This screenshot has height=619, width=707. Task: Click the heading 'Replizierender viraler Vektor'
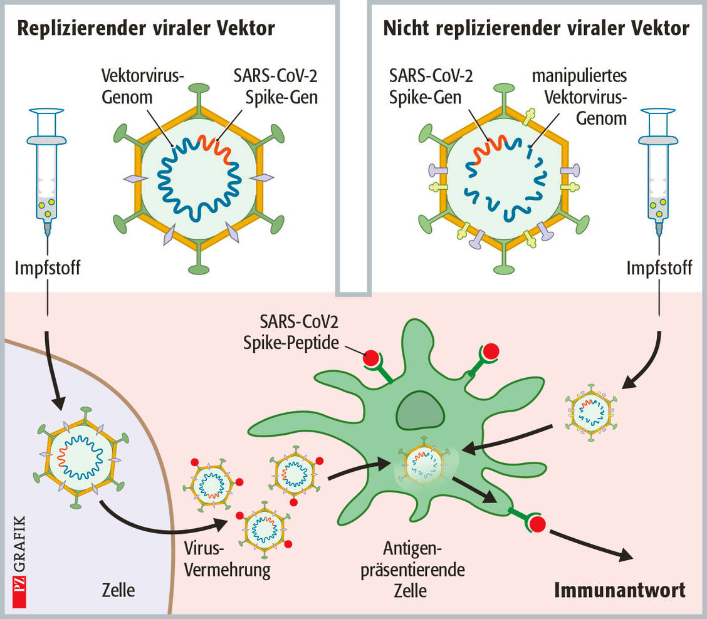click(146, 29)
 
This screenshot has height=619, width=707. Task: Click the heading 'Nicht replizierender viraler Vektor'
click(536, 29)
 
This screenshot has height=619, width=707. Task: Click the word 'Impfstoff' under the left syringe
click(46, 269)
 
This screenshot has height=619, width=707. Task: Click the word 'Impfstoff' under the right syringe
click(659, 269)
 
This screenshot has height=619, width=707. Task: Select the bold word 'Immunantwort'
click(620, 590)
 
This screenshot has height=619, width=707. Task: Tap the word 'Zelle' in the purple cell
click(118, 590)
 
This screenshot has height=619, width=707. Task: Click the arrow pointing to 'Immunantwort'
click(589, 545)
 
